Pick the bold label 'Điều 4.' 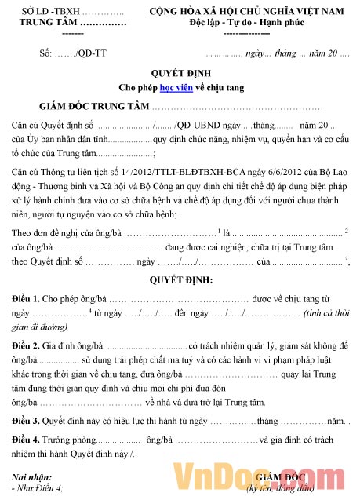pyautogui.click(x=28, y=440)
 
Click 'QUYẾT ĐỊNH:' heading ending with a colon pyautogui.click(x=180, y=279)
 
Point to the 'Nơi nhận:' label pyautogui.click(x=37, y=476)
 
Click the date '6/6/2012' pyautogui.click(x=285, y=173)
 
